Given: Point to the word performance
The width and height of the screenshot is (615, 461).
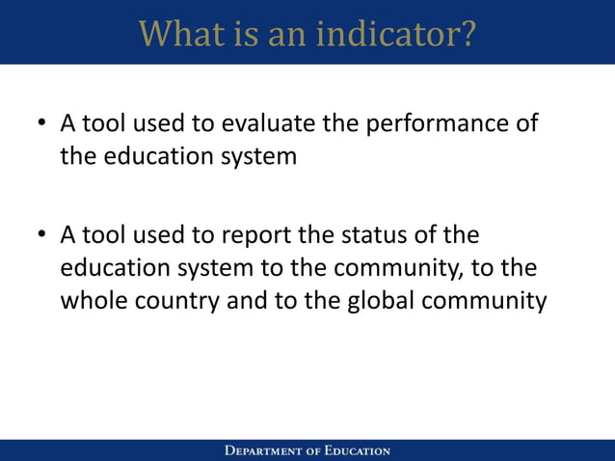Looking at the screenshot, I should [432, 124].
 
